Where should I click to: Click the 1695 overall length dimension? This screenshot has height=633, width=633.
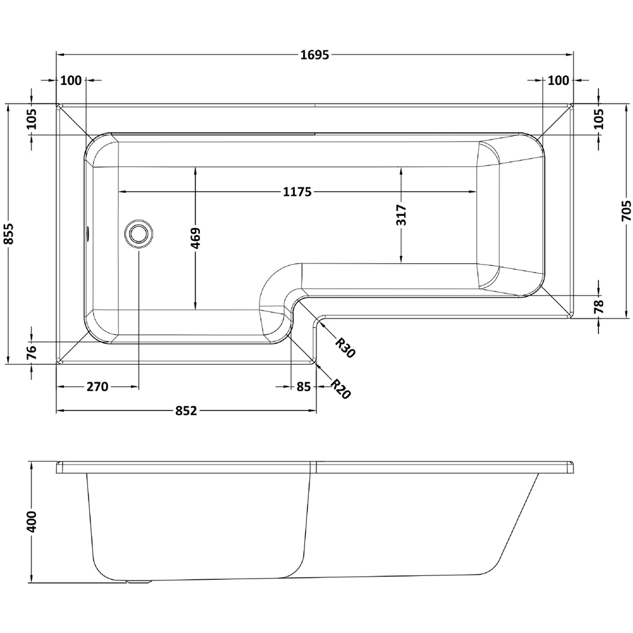click(x=315, y=55)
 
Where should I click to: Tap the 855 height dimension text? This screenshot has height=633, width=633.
click(x=8, y=235)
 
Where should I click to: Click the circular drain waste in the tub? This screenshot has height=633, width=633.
click(x=138, y=233)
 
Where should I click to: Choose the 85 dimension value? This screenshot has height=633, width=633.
click(x=302, y=386)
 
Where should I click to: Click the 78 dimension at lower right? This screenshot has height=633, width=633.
click(x=599, y=307)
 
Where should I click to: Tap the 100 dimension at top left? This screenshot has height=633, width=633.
click(x=72, y=80)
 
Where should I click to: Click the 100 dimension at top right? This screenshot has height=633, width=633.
click(x=558, y=80)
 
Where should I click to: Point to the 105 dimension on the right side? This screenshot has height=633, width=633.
click(x=599, y=119)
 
